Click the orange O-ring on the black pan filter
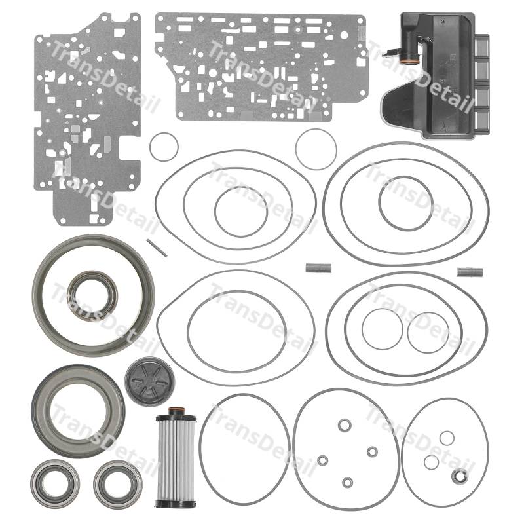(410, 59)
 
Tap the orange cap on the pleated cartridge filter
(176, 411)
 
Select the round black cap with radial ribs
(150, 382)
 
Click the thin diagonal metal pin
(157, 248)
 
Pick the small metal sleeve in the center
(318, 268)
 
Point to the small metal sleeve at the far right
(470, 272)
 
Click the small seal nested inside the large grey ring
(92, 295)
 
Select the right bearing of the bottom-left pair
(118, 484)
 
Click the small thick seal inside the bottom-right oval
(460, 476)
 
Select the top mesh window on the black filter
(481, 47)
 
